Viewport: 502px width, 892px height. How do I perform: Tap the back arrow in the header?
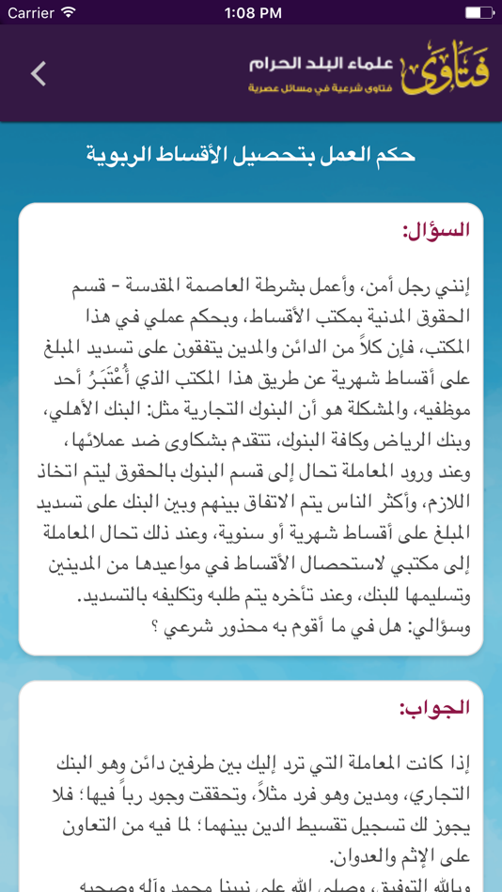[x=39, y=73]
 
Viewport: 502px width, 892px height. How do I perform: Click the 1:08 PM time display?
[x=253, y=13]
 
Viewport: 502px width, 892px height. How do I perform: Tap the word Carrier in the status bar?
[x=30, y=13]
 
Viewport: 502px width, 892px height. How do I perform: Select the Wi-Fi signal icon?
[x=69, y=13]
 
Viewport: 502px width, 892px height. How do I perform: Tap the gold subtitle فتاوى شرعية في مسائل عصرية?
[x=322, y=87]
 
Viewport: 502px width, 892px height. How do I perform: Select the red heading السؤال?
[x=435, y=230]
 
